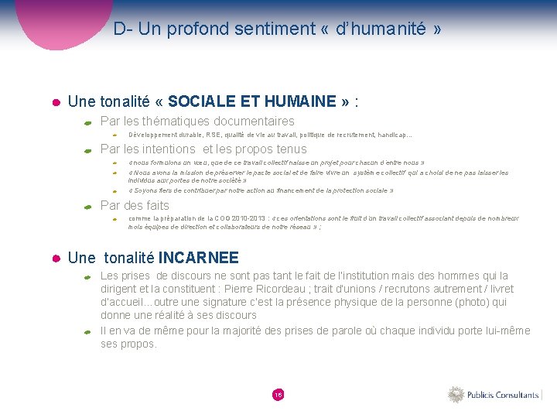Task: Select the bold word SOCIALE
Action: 202,101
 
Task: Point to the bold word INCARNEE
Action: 203,258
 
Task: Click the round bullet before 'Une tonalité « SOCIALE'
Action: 55,102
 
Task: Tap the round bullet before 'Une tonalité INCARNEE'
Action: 55,259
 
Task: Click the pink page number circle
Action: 278,395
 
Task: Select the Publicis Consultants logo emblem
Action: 455,395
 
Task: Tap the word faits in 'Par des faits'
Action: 157,205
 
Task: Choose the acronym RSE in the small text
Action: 213,135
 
